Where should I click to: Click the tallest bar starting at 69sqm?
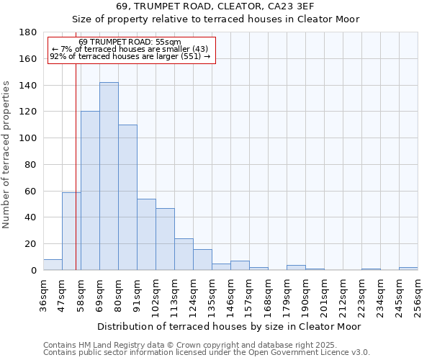pyautogui.click(x=109, y=176)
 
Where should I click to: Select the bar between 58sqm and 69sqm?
pyautogui.click(x=90, y=191)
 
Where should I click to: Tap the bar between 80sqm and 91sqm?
pyautogui.click(x=127, y=197)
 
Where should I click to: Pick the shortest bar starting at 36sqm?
pyautogui.click(x=53, y=265)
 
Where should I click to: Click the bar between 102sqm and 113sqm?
pyautogui.click(x=165, y=239)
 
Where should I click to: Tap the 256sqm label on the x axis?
pyautogui.click(x=418, y=296)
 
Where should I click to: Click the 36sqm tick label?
pyautogui.click(x=44, y=296)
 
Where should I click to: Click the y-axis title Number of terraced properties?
pyautogui.click(x=7, y=154)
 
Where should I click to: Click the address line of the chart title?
pyautogui.click(x=215, y=6)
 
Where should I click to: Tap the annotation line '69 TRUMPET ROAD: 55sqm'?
pyautogui.click(x=130, y=42)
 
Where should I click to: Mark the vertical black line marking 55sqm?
pyautogui.click(x=76, y=173)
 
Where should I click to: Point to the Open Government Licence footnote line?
pyautogui.click(x=206, y=353)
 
